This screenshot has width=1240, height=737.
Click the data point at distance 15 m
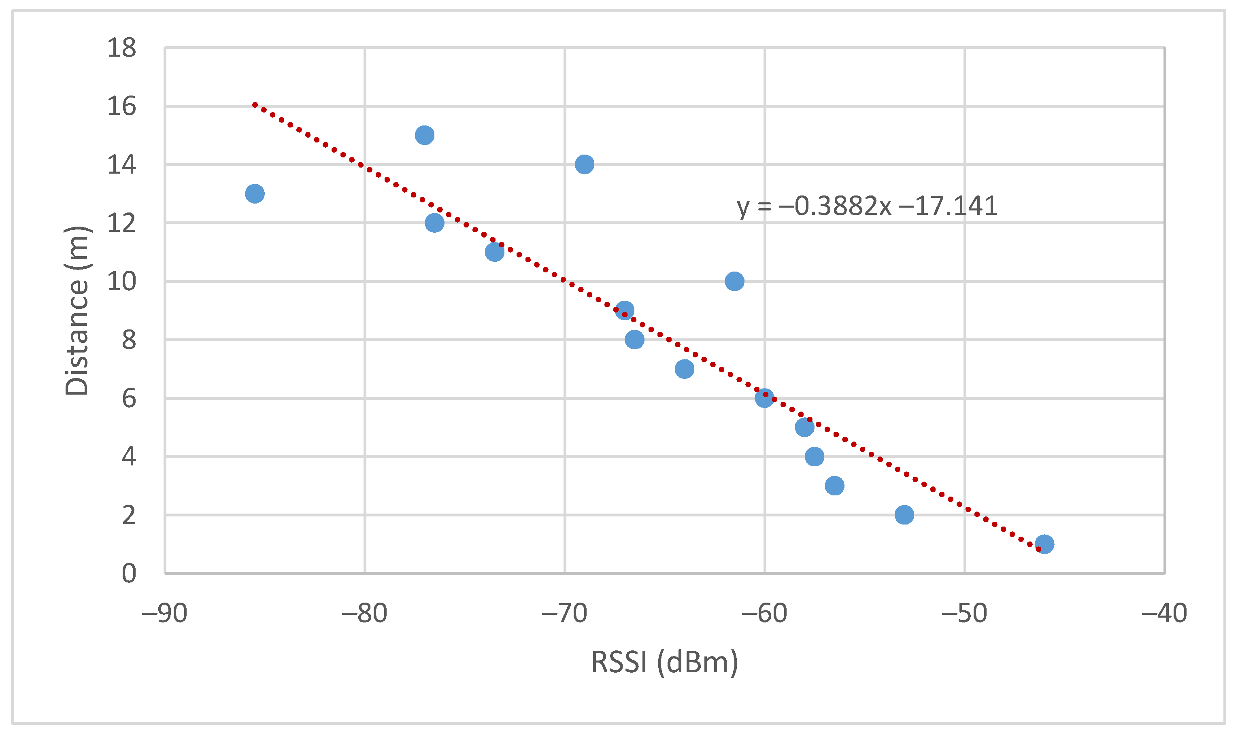[x=424, y=135]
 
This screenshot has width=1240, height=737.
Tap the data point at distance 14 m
[x=585, y=164]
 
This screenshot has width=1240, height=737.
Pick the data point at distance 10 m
[x=734, y=282]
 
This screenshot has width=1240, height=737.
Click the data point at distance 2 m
[x=904, y=515]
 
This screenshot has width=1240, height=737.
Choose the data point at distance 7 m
[x=685, y=369]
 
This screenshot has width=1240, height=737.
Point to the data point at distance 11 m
[x=494, y=252]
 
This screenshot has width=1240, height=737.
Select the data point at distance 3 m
[x=835, y=486]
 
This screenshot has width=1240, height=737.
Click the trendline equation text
[x=867, y=206]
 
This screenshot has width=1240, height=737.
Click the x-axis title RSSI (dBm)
[x=665, y=662]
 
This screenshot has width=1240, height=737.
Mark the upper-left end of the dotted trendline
[x=254, y=105]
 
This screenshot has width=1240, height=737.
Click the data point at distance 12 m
[x=434, y=223]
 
